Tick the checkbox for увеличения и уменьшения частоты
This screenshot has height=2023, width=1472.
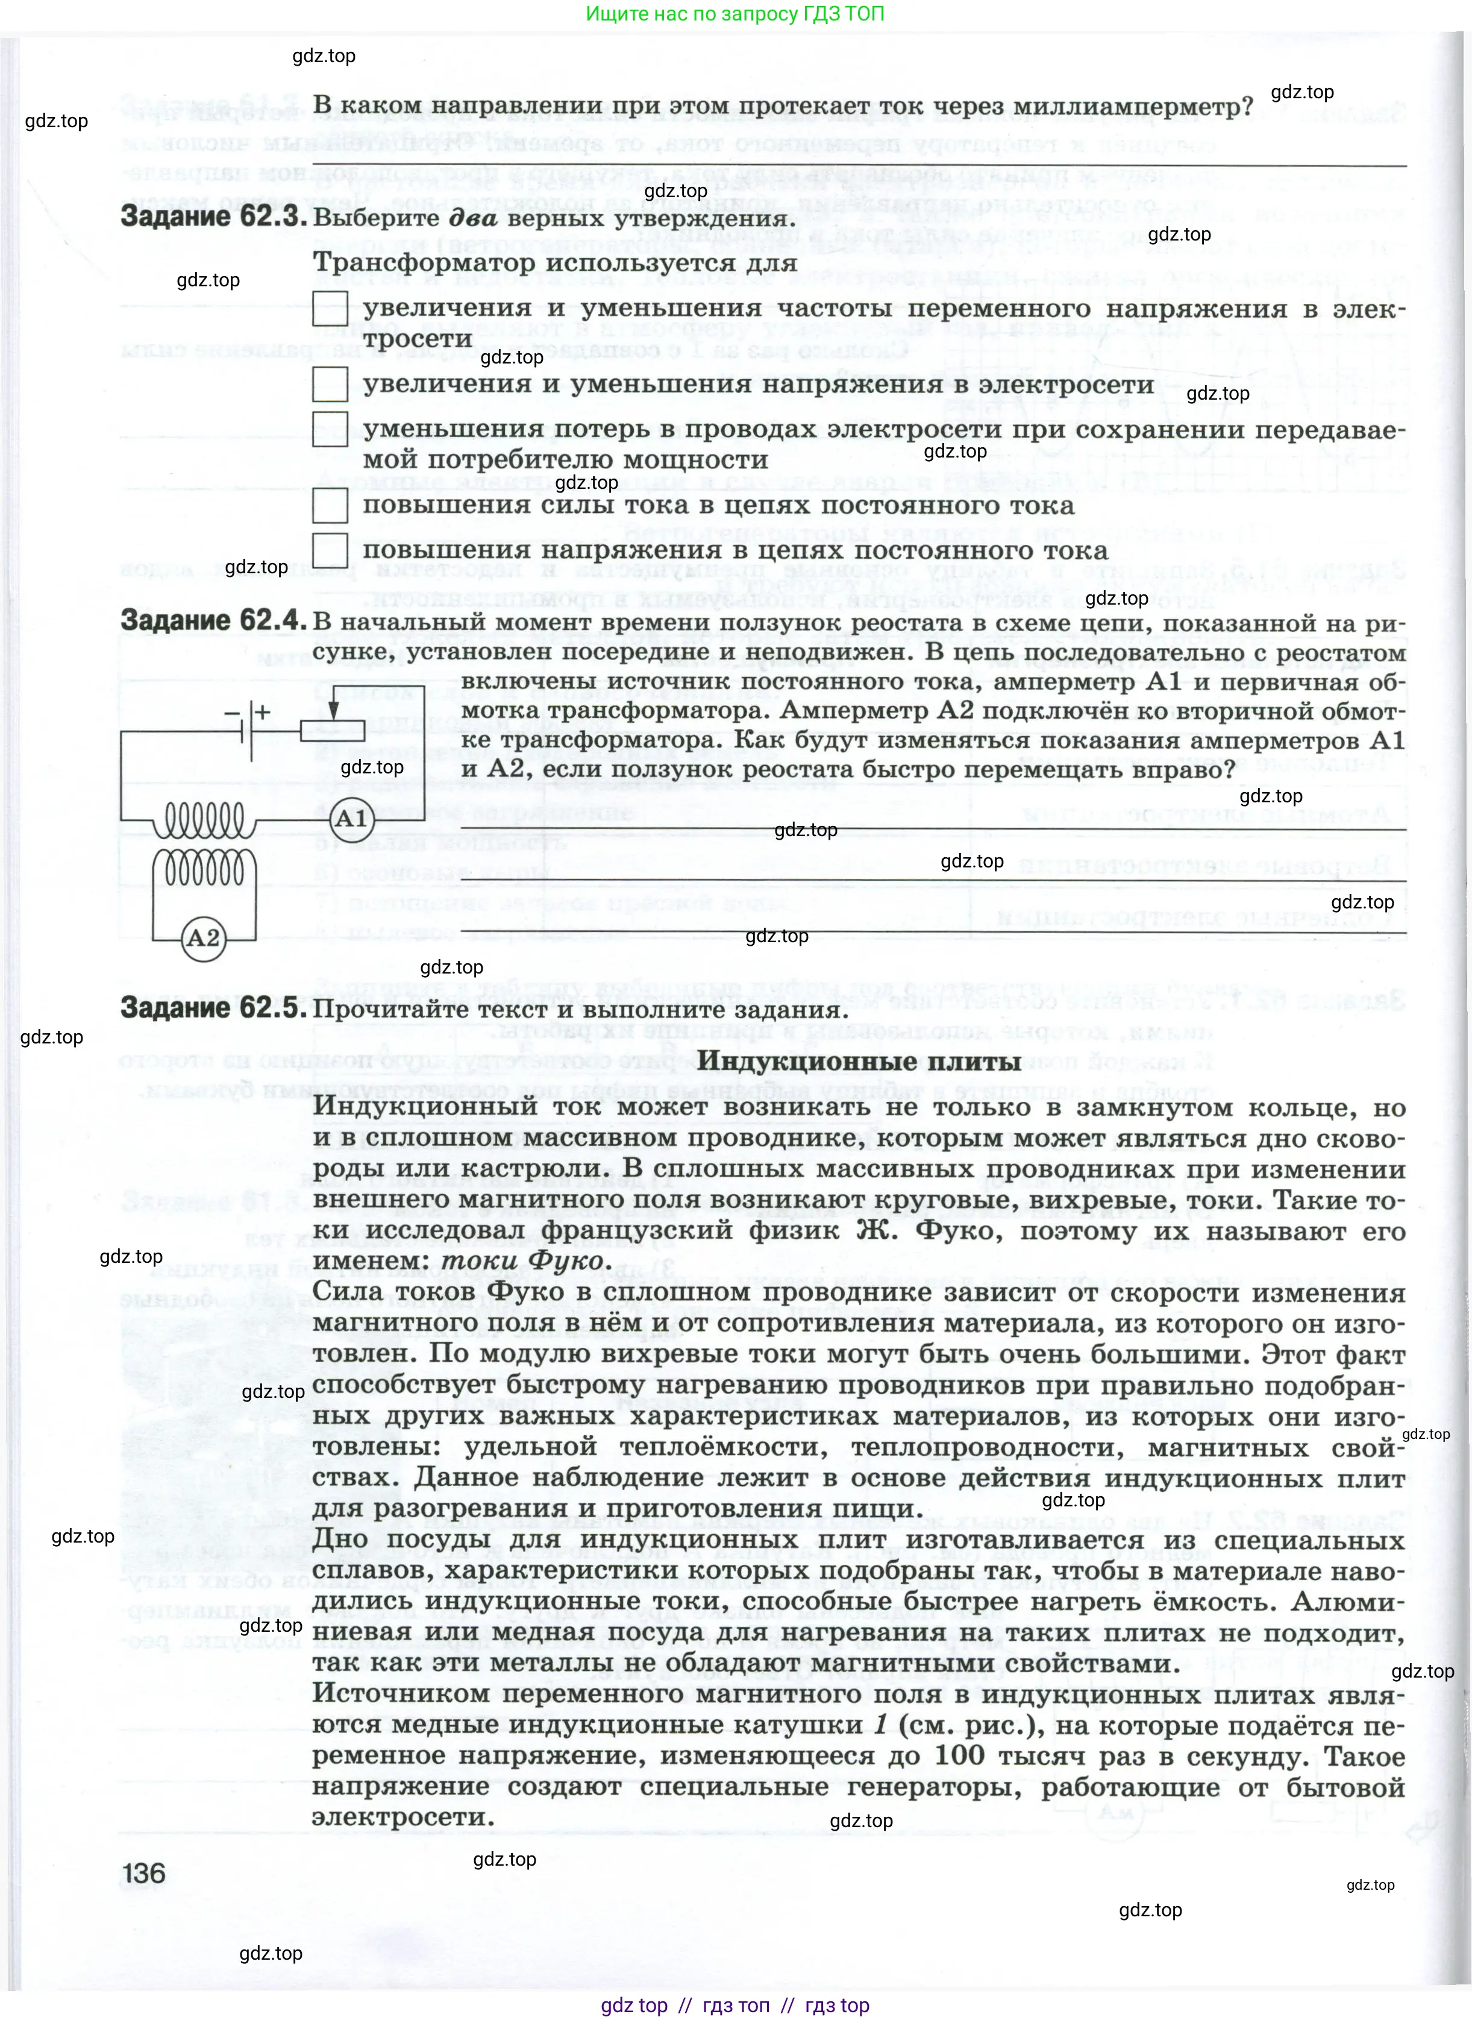[x=330, y=309]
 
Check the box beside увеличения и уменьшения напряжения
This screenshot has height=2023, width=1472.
[x=330, y=385]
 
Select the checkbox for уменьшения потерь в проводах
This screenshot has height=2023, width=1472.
[x=330, y=428]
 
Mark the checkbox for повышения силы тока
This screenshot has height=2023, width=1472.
[x=330, y=505]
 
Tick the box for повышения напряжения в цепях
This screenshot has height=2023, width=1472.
[x=330, y=550]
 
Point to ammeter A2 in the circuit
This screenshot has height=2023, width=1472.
[x=203, y=937]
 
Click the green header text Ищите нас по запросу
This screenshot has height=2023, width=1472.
[x=736, y=14]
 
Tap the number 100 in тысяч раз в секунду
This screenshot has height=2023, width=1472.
[x=959, y=1755]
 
